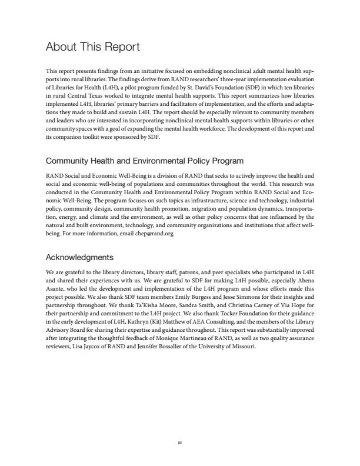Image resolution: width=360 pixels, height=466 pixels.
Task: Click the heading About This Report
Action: click(92, 47)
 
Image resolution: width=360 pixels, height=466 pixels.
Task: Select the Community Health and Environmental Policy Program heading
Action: click(144, 161)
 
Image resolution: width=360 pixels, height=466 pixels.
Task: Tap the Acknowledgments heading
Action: click(79, 257)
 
